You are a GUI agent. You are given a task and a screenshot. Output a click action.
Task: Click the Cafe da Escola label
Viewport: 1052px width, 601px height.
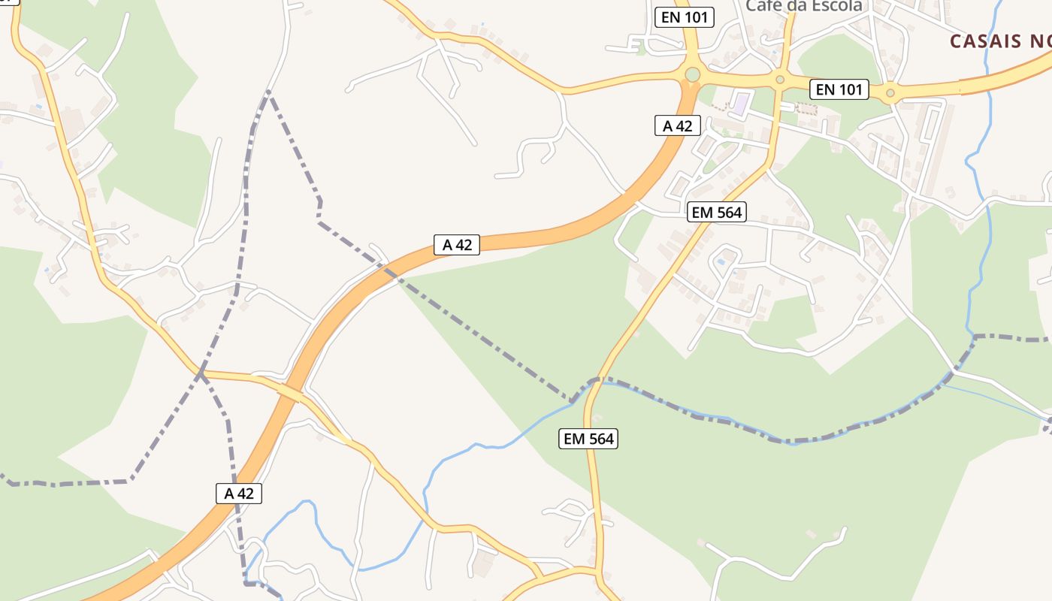(803, 6)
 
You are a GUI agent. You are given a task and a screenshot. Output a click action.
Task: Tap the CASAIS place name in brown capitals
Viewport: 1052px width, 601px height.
(999, 41)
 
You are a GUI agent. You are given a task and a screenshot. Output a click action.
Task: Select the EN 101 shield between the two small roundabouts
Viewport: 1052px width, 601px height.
(839, 90)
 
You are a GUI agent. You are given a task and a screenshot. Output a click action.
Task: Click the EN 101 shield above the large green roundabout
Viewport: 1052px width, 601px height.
(685, 17)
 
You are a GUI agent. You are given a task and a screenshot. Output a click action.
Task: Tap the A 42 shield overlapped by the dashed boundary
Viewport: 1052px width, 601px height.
(239, 494)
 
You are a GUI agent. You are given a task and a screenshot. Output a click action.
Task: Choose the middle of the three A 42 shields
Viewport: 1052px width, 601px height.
(457, 244)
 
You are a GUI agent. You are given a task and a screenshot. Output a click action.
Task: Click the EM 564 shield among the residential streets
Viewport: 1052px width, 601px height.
(717, 213)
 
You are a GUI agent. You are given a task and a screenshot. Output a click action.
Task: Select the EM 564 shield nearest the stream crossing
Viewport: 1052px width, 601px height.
(588, 439)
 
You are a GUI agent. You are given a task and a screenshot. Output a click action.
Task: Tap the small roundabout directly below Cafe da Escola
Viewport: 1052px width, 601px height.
(780, 79)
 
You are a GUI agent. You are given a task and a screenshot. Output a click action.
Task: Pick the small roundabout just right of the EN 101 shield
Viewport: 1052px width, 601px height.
(890, 93)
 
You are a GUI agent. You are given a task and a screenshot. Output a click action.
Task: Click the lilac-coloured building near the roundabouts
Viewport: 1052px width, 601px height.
(741, 103)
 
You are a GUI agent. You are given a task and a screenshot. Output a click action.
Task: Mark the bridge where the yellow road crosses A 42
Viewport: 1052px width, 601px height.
(290, 391)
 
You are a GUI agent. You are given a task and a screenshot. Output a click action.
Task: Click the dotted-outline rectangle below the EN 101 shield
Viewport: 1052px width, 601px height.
(806, 109)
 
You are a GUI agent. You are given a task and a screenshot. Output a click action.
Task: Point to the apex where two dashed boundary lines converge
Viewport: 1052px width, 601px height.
(268, 92)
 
